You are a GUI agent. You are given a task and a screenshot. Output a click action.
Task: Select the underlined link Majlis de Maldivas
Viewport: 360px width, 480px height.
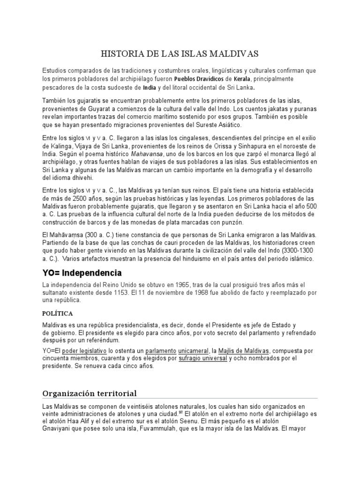click(244, 351)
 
